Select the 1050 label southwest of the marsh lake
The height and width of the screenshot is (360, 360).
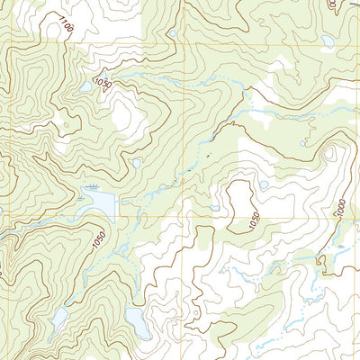(98, 239)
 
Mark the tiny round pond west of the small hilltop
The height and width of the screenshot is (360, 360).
(135, 163)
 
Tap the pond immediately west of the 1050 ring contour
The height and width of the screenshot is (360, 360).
(216, 208)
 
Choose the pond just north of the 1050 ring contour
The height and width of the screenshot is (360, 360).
(263, 185)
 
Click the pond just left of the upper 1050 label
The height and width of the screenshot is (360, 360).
(86, 86)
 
